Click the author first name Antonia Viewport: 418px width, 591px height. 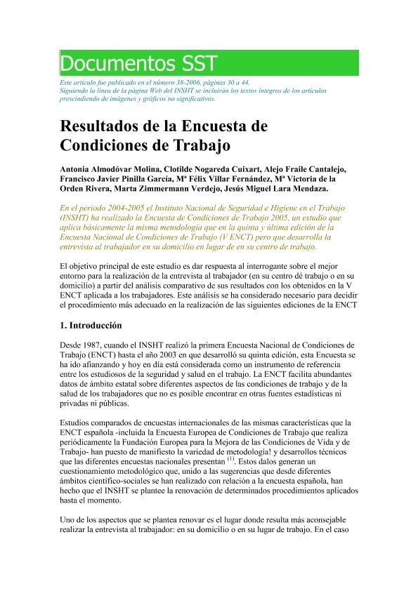(x=74, y=171)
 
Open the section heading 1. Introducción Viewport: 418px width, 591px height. (x=91, y=326)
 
